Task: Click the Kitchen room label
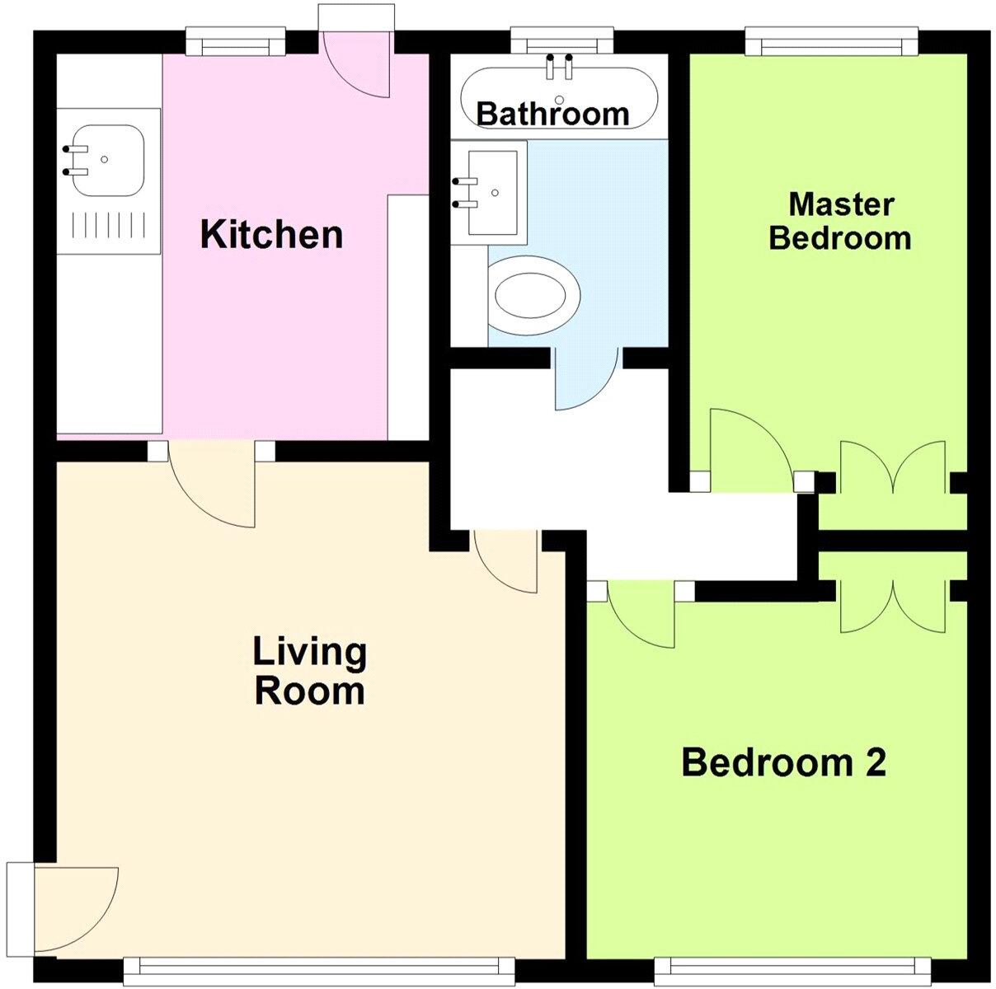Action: (271, 235)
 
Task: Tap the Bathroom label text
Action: (552, 114)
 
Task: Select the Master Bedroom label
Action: (840, 221)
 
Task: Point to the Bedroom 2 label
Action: (783, 762)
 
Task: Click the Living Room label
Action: (309, 671)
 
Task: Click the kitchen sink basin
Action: (107, 160)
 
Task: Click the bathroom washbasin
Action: (493, 191)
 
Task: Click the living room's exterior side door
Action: (74, 907)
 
